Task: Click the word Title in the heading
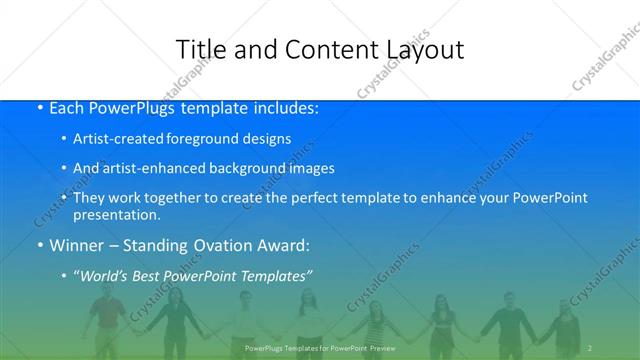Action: [x=201, y=49]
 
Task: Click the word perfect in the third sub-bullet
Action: [x=328, y=198]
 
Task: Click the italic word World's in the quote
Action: [x=103, y=274]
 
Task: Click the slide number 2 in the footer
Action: [x=591, y=348]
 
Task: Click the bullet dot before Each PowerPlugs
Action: [x=39, y=108]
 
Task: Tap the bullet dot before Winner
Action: [x=39, y=244]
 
